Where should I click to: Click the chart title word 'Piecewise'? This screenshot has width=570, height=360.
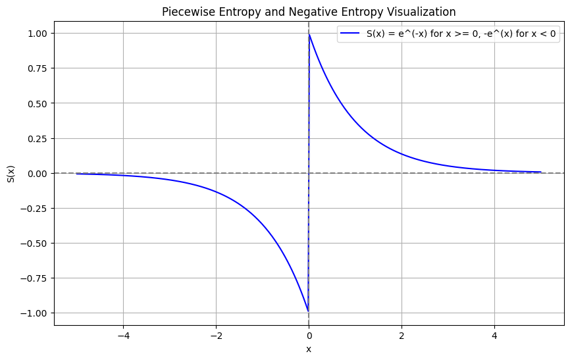[x=186, y=12]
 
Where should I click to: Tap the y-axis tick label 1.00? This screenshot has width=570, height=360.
[x=38, y=34]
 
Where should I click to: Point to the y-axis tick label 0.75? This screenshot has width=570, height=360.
[x=38, y=68]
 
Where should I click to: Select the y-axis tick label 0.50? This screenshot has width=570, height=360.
[x=38, y=103]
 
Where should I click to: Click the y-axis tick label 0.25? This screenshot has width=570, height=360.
[x=38, y=138]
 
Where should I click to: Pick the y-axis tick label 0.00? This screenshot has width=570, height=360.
[x=38, y=173]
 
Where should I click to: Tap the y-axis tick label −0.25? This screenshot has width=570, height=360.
[x=35, y=209]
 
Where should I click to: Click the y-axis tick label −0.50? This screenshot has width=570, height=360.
[x=35, y=244]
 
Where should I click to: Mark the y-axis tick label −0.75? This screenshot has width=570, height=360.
[x=35, y=278]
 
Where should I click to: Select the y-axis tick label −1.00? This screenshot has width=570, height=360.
[x=35, y=313]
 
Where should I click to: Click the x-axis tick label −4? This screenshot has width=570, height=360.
[x=123, y=335]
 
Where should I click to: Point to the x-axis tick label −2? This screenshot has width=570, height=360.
[x=216, y=335]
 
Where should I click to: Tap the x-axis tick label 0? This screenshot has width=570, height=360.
[x=309, y=335]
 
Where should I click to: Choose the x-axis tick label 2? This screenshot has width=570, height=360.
[x=402, y=335]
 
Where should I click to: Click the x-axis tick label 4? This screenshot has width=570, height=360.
[x=494, y=335]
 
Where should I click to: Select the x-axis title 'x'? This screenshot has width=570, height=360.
[x=309, y=349]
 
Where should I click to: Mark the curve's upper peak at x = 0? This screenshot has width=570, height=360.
[x=309, y=35]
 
